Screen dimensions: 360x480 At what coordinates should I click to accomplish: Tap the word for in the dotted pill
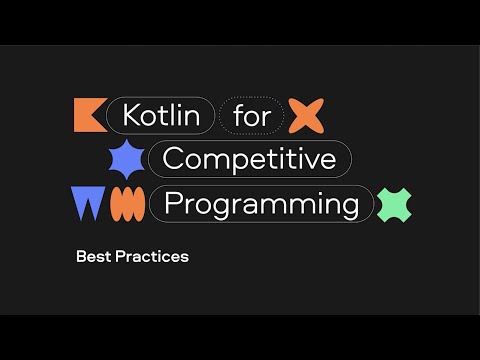251,116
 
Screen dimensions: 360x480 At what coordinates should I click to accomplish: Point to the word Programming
261,204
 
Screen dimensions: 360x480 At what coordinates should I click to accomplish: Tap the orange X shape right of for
306,116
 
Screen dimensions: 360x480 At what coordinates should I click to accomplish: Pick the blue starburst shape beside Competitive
126,159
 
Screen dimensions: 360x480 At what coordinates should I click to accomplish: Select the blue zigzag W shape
88,203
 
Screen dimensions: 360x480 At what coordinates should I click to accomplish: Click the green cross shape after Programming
395,204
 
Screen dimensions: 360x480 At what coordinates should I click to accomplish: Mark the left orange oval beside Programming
118,204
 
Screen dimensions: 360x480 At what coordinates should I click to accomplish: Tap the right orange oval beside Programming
133,204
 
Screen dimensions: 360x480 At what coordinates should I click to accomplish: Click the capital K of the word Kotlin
131,116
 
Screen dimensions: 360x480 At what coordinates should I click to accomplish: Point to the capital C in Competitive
172,159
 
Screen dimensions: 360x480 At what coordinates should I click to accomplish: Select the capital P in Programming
172,204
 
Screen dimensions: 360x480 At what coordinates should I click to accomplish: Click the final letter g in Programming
350,207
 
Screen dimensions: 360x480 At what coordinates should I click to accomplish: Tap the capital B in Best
81,257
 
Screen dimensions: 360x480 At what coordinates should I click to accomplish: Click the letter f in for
237,116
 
